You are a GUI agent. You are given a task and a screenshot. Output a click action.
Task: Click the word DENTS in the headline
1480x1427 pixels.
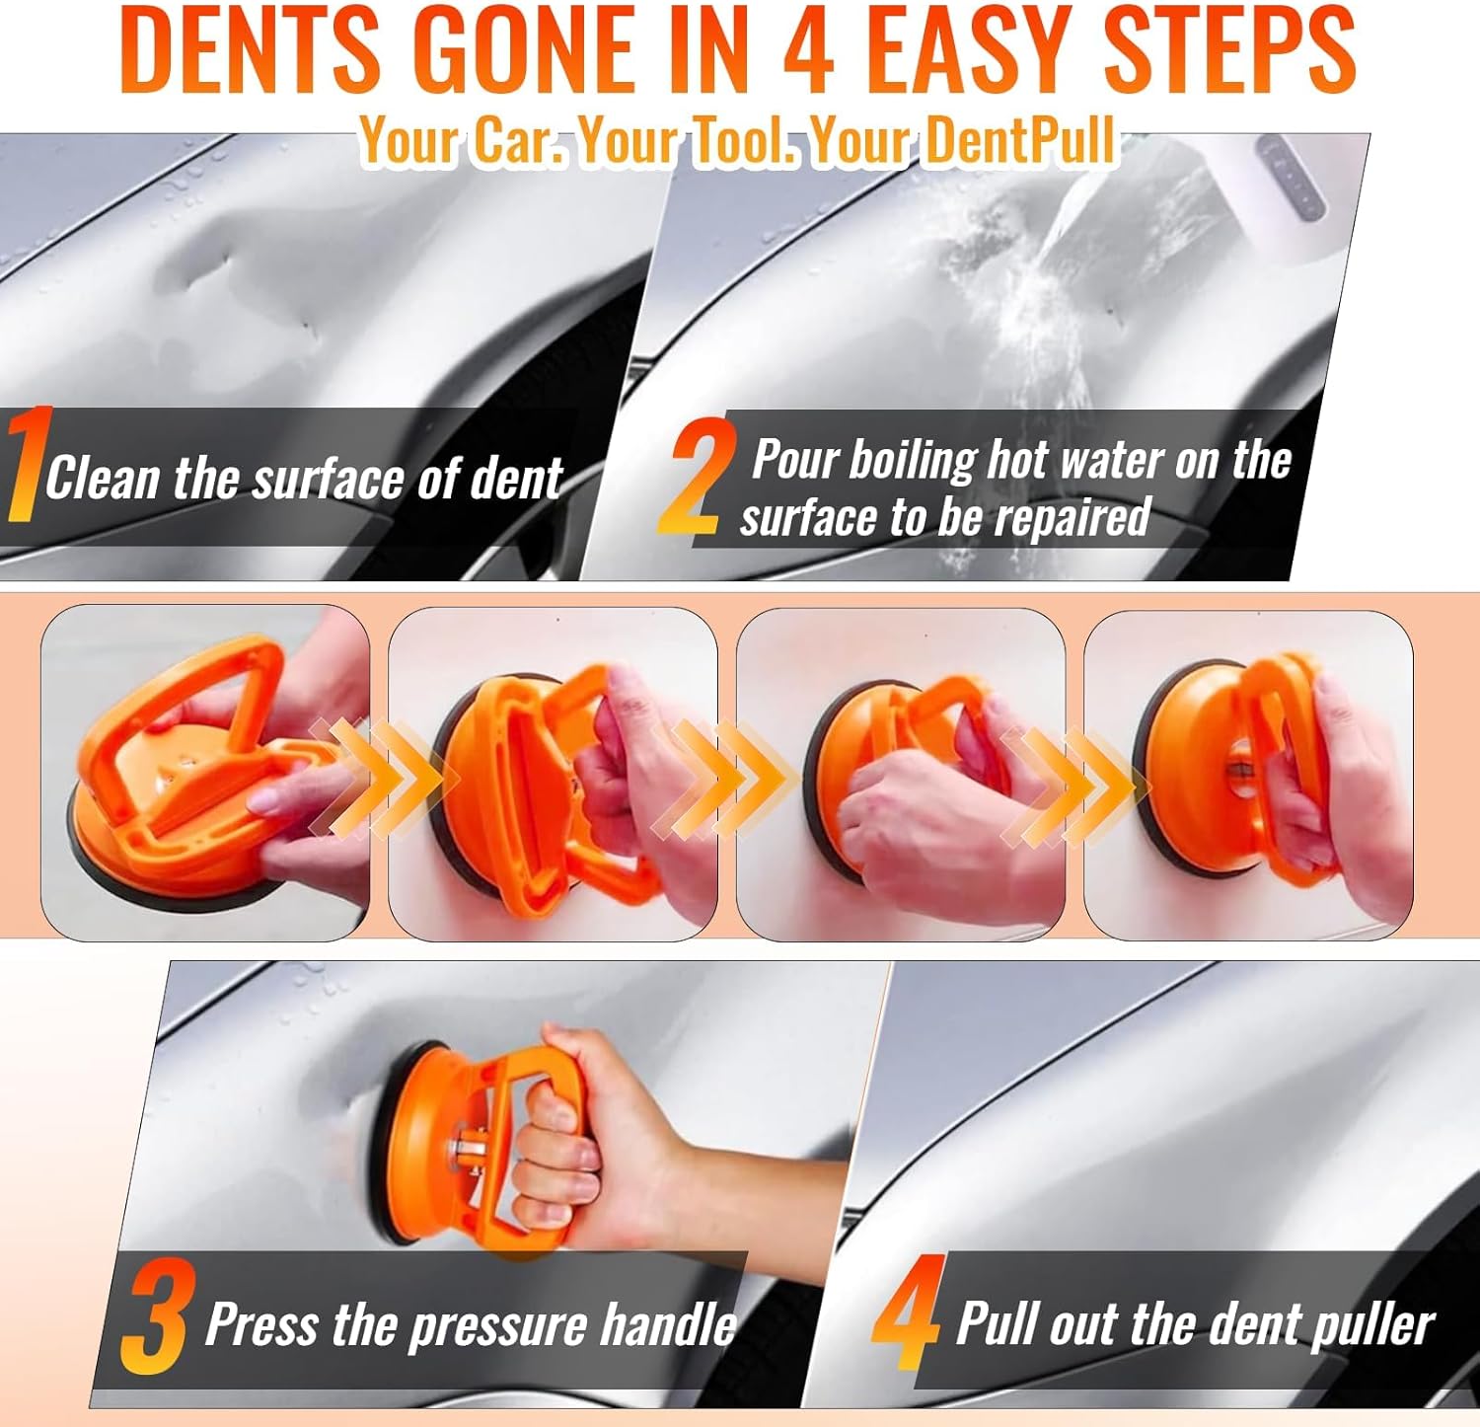[x=252, y=49]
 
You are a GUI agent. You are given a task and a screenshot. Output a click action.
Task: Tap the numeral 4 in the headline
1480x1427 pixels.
[x=809, y=49]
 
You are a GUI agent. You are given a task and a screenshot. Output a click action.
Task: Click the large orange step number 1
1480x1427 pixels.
[x=27, y=464]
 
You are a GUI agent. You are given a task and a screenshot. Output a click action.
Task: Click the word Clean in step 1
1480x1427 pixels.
[x=103, y=479]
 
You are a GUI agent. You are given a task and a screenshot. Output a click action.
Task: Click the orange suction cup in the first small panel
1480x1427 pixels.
[x=178, y=809]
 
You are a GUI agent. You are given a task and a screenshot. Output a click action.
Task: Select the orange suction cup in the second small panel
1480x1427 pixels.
[x=493, y=780]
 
